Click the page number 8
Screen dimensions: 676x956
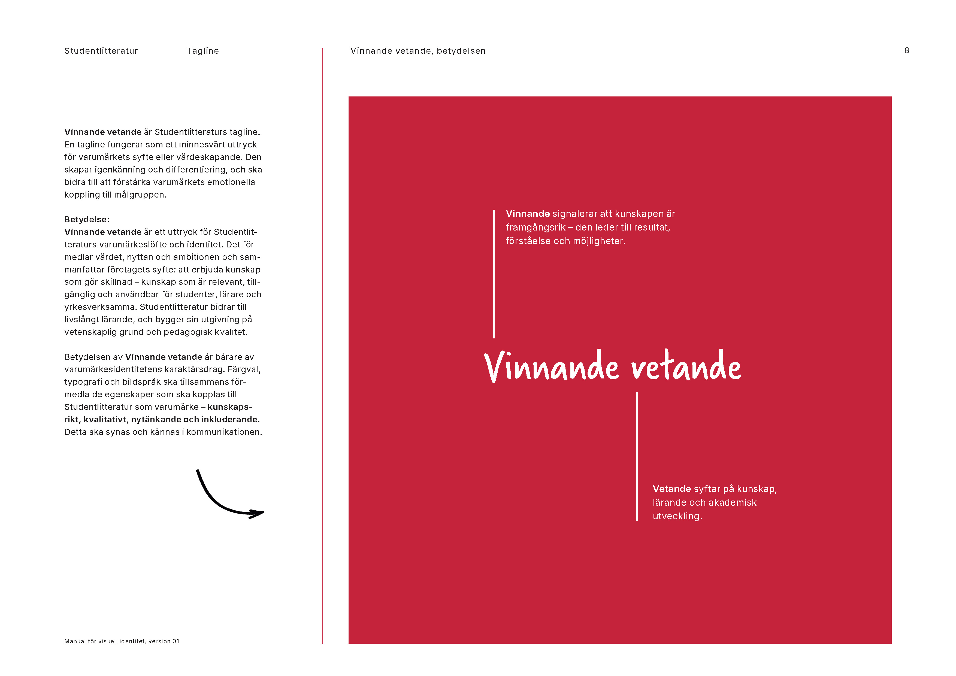(906, 50)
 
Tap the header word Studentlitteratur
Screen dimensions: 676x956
(101, 51)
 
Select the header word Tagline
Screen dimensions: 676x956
(203, 51)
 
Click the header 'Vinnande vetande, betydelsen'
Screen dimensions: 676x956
(418, 51)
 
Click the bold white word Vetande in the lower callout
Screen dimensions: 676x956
(671, 489)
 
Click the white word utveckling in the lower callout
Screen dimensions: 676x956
(677, 516)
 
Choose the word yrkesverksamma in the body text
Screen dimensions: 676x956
(100, 307)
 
